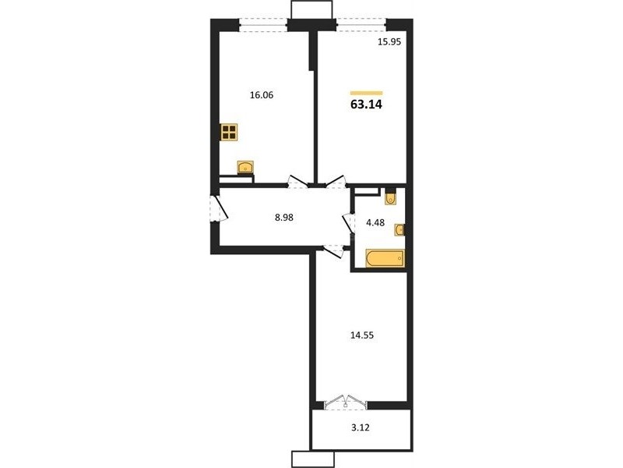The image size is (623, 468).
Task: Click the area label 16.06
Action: pos(262,95)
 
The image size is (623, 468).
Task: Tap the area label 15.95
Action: pos(389,41)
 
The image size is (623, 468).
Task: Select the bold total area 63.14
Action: pos(366,105)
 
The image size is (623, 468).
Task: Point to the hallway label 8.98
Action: pos(284,218)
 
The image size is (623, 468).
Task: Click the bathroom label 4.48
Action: pos(375,222)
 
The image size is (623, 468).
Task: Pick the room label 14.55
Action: pos(362,335)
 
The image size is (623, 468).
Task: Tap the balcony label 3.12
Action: pos(361,427)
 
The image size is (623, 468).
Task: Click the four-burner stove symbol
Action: pos(229,132)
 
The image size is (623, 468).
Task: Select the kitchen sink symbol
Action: pos(245,167)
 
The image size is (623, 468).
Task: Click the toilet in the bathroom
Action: pos(390,198)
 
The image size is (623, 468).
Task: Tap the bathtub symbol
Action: pos(385,258)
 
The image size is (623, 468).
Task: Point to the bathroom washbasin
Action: pos(399,229)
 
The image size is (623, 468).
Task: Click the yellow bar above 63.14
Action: pos(366,93)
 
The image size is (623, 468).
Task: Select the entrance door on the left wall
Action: pos(218,208)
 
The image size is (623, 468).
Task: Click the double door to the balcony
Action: pos(345,402)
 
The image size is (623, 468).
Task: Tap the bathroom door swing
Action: pos(348,223)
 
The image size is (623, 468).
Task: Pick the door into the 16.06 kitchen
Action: pos(297,183)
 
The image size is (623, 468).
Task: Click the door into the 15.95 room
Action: pos(335,183)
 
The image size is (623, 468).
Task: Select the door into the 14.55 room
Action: pos(333,251)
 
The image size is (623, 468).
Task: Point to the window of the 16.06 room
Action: pos(263,25)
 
